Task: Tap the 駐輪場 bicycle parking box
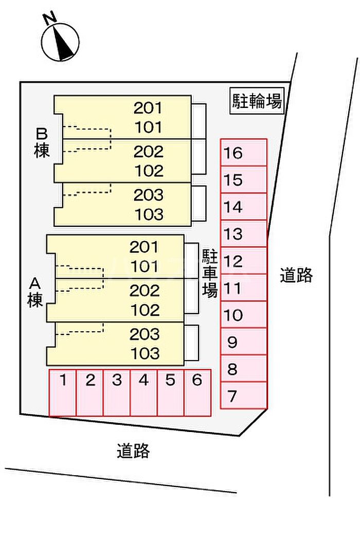pyautogui.click(x=257, y=101)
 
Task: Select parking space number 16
pyautogui.click(x=244, y=153)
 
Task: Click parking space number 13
pyautogui.click(x=244, y=234)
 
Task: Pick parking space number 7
pyautogui.click(x=244, y=395)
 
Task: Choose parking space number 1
pyautogui.click(x=62, y=392)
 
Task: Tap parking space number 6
pyautogui.click(x=197, y=392)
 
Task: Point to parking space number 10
pyautogui.click(x=244, y=315)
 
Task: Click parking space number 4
pyautogui.click(x=143, y=392)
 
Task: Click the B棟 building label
pyautogui.click(x=42, y=142)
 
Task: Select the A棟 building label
pyautogui.click(x=35, y=292)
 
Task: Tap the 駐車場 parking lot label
pyautogui.click(x=209, y=273)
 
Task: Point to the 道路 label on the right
pyautogui.click(x=296, y=275)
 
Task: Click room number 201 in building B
pyautogui.click(x=148, y=108)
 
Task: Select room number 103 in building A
pyautogui.click(x=145, y=353)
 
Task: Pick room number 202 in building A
pyautogui.click(x=145, y=291)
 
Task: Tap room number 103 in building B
pyautogui.click(x=149, y=214)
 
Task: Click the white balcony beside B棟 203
pyautogui.click(x=199, y=204)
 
